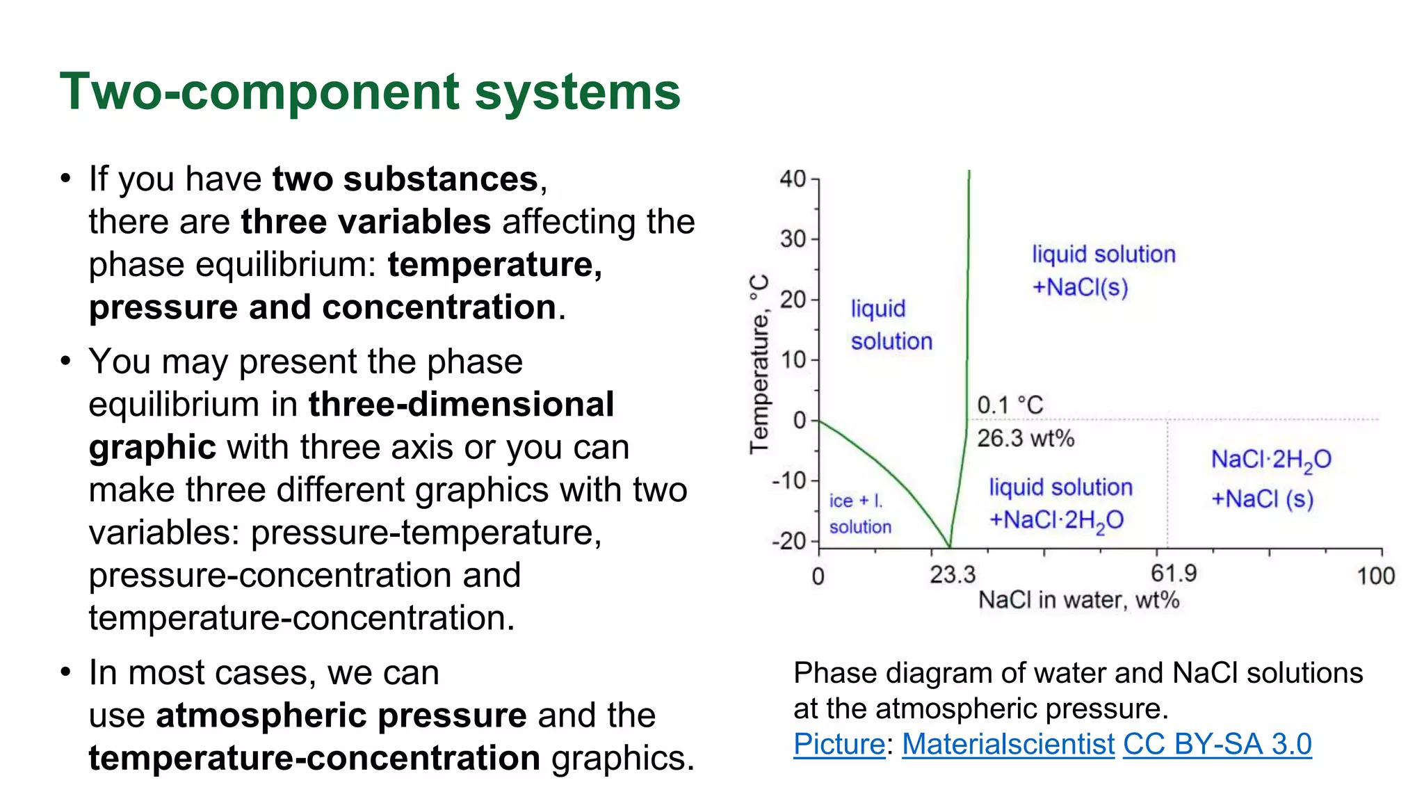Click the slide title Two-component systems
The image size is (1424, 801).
(370, 92)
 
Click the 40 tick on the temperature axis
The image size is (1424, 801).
(793, 179)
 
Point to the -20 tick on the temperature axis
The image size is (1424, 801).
(789, 541)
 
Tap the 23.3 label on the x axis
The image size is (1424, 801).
(953, 575)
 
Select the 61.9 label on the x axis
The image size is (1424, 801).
(1174, 574)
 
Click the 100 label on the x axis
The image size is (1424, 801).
(1375, 576)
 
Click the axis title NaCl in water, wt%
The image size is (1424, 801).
(1078, 600)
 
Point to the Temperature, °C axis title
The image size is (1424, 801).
(759, 364)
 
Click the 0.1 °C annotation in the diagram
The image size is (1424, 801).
(1010, 405)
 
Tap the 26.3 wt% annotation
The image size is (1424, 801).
(1026, 438)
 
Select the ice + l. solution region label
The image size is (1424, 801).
(859, 514)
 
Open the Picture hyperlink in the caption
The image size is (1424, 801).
(839, 744)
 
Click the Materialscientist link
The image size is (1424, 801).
(1008, 744)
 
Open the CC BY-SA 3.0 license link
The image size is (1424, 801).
(1217, 744)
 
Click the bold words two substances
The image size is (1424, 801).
(405, 179)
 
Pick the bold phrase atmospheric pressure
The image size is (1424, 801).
(341, 715)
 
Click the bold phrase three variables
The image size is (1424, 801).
(366, 222)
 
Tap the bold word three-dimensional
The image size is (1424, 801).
(461, 405)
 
